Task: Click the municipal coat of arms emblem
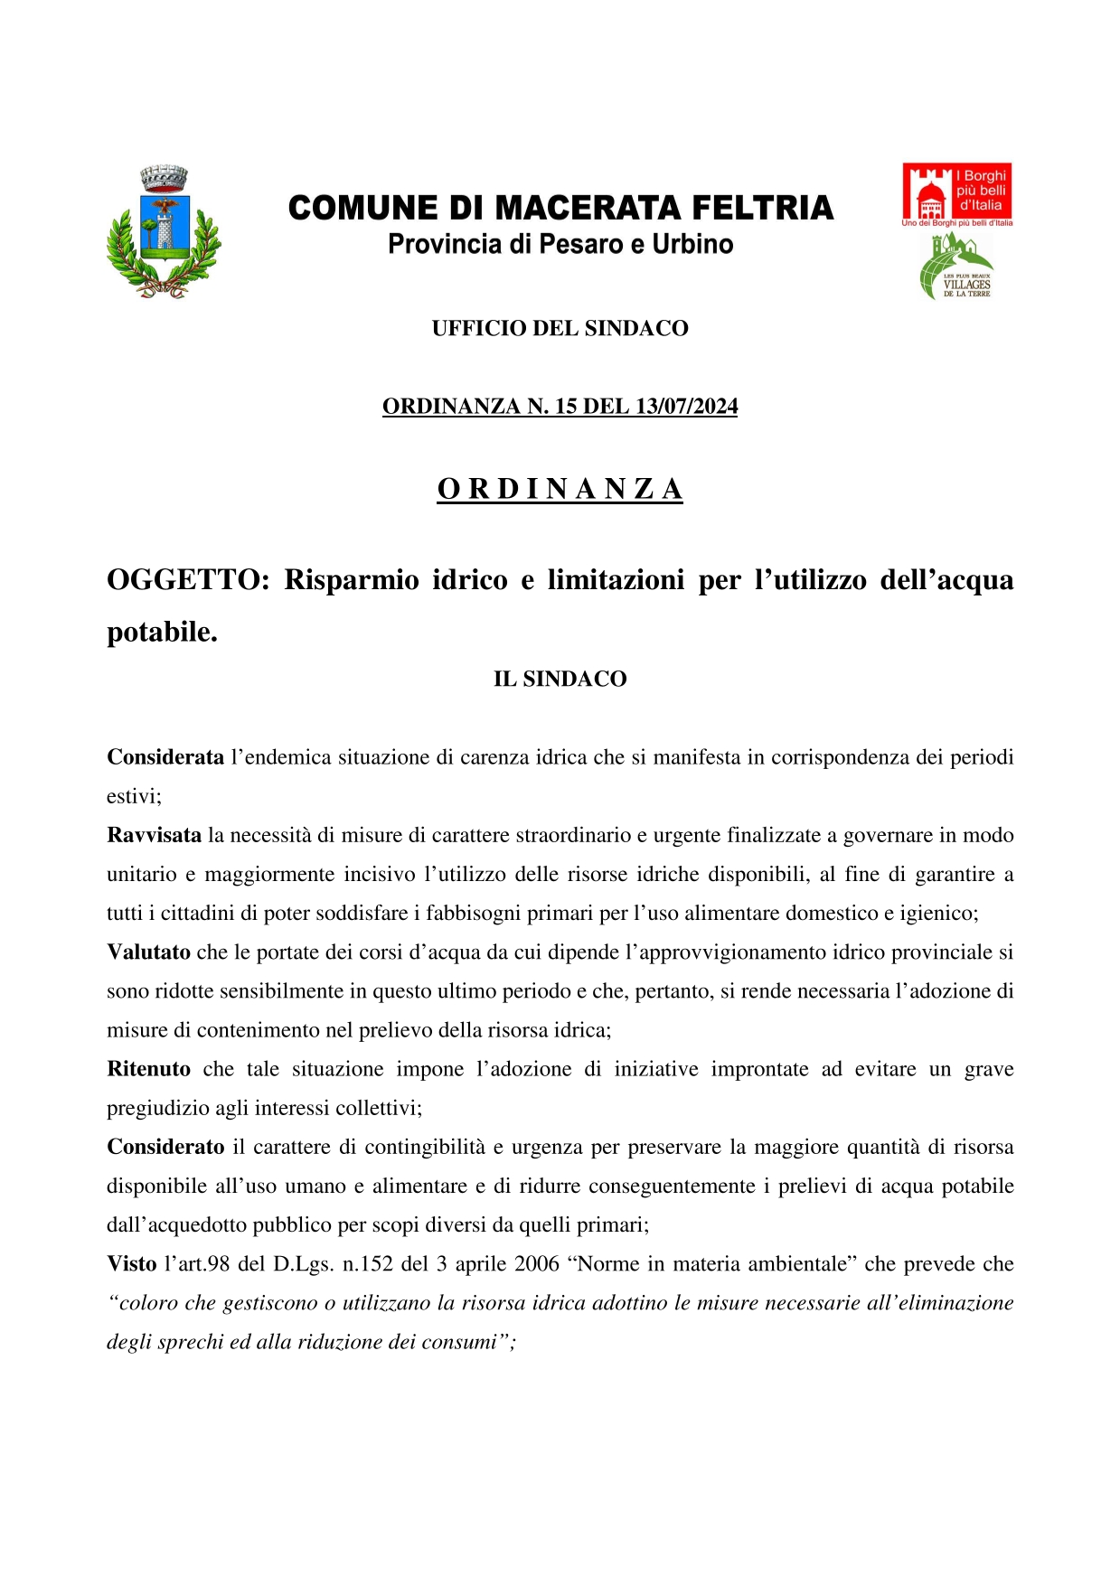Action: pos(164,232)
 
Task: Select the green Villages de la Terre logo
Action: pos(955,267)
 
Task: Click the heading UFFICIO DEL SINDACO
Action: pos(560,328)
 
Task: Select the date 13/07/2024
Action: pos(686,407)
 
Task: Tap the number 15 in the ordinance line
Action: pos(566,407)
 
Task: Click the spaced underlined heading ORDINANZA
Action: pos(560,489)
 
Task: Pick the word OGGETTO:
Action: pos(188,579)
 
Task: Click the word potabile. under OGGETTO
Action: pos(162,632)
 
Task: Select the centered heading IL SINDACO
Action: pos(560,679)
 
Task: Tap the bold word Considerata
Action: pos(165,757)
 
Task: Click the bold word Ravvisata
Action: pos(154,835)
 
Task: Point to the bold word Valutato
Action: pos(148,952)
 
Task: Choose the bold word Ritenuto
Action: pos(148,1069)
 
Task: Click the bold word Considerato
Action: pos(165,1147)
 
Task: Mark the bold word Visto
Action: pos(131,1263)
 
